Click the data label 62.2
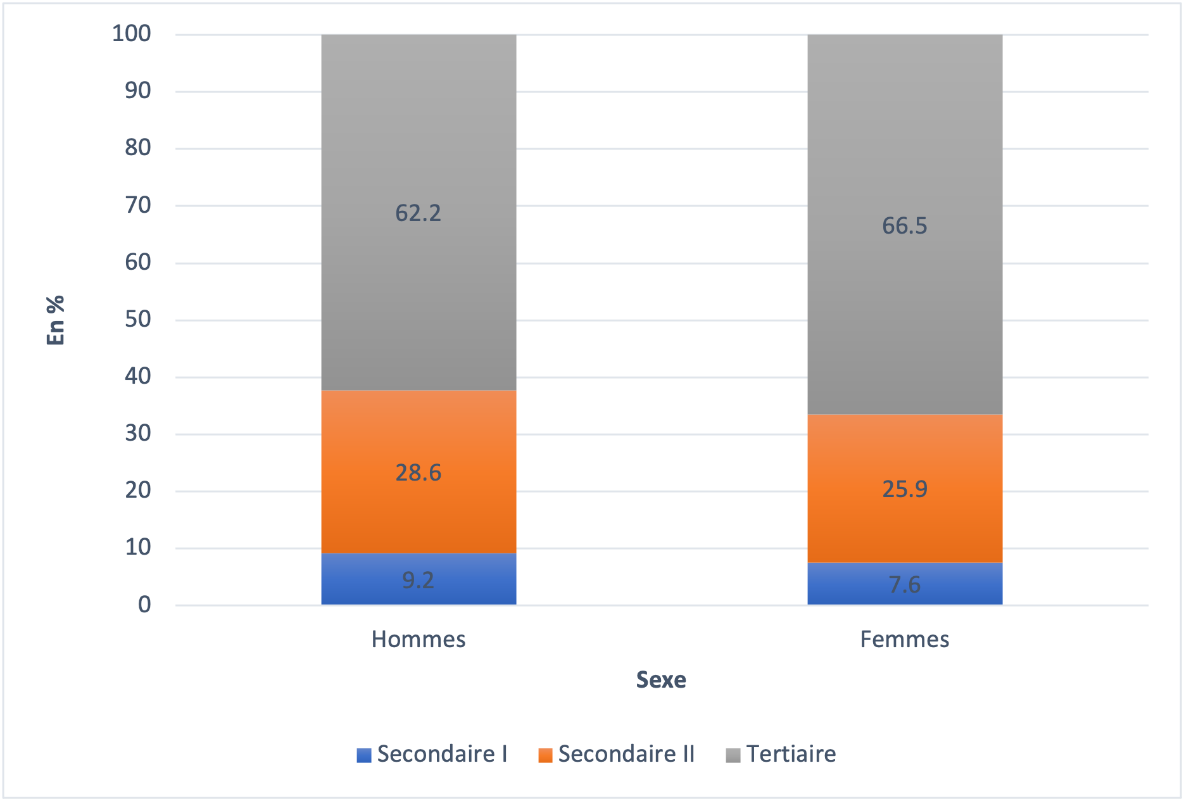tap(418, 213)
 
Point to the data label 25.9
tap(905, 489)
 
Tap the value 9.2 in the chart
tap(418, 580)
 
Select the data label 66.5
tap(905, 226)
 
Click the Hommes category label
tap(419, 640)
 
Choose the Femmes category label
tap(904, 640)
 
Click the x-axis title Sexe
tap(661, 679)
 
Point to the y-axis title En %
tap(56, 320)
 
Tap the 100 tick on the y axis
tap(132, 34)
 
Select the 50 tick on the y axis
tap(138, 319)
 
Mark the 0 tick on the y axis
tap(144, 605)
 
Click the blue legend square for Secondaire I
tap(363, 755)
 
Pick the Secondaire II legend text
tap(626, 754)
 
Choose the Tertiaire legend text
tap(791, 754)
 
